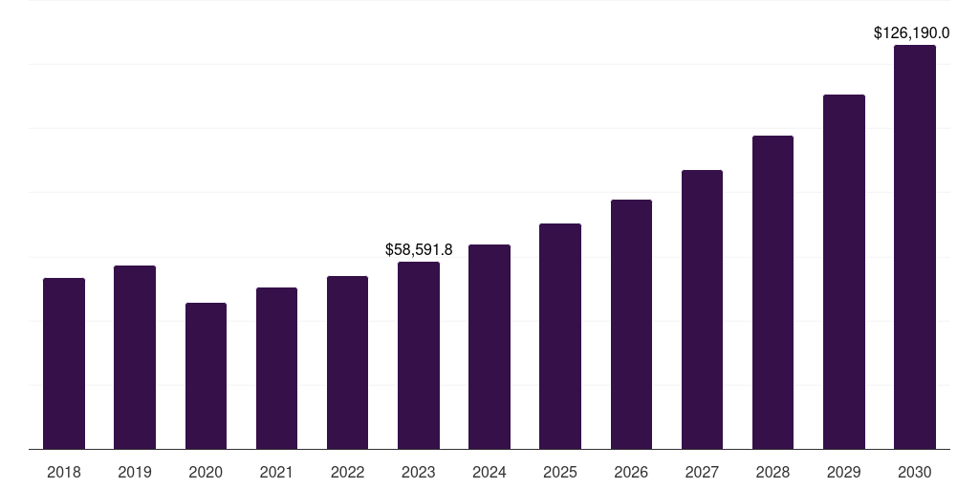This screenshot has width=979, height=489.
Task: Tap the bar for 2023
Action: click(x=419, y=355)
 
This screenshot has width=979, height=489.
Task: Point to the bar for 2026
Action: click(x=631, y=324)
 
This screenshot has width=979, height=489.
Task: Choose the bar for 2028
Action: click(x=772, y=292)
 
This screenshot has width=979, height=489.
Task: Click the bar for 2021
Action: click(x=276, y=368)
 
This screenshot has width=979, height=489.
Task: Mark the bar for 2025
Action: click(x=560, y=336)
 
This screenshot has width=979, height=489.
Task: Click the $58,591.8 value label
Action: click(x=419, y=249)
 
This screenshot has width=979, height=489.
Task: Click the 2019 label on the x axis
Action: click(x=135, y=472)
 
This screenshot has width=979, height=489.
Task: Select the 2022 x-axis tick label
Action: click(x=348, y=472)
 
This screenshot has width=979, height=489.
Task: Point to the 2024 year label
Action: click(x=489, y=472)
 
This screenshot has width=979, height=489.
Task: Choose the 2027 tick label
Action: click(x=702, y=472)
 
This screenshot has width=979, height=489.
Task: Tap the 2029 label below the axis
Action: click(x=844, y=472)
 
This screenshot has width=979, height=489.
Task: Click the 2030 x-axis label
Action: click(x=915, y=472)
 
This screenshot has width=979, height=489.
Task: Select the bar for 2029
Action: click(x=844, y=271)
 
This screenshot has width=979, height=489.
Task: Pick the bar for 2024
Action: click(x=489, y=347)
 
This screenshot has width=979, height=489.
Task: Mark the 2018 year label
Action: click(x=64, y=472)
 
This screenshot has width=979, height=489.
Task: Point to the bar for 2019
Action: click(x=135, y=357)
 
